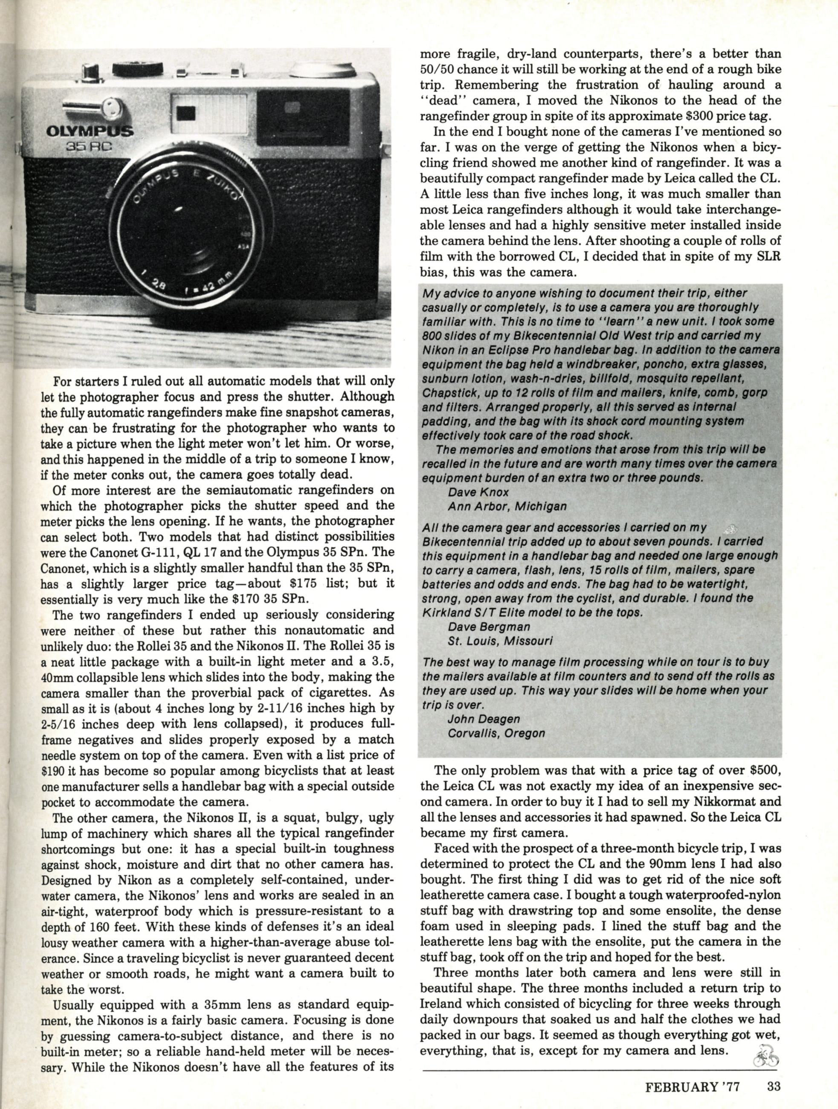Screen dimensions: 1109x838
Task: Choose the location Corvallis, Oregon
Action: point(496,733)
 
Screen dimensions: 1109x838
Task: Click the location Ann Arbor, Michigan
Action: point(507,506)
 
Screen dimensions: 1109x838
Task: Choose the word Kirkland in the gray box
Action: point(446,613)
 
